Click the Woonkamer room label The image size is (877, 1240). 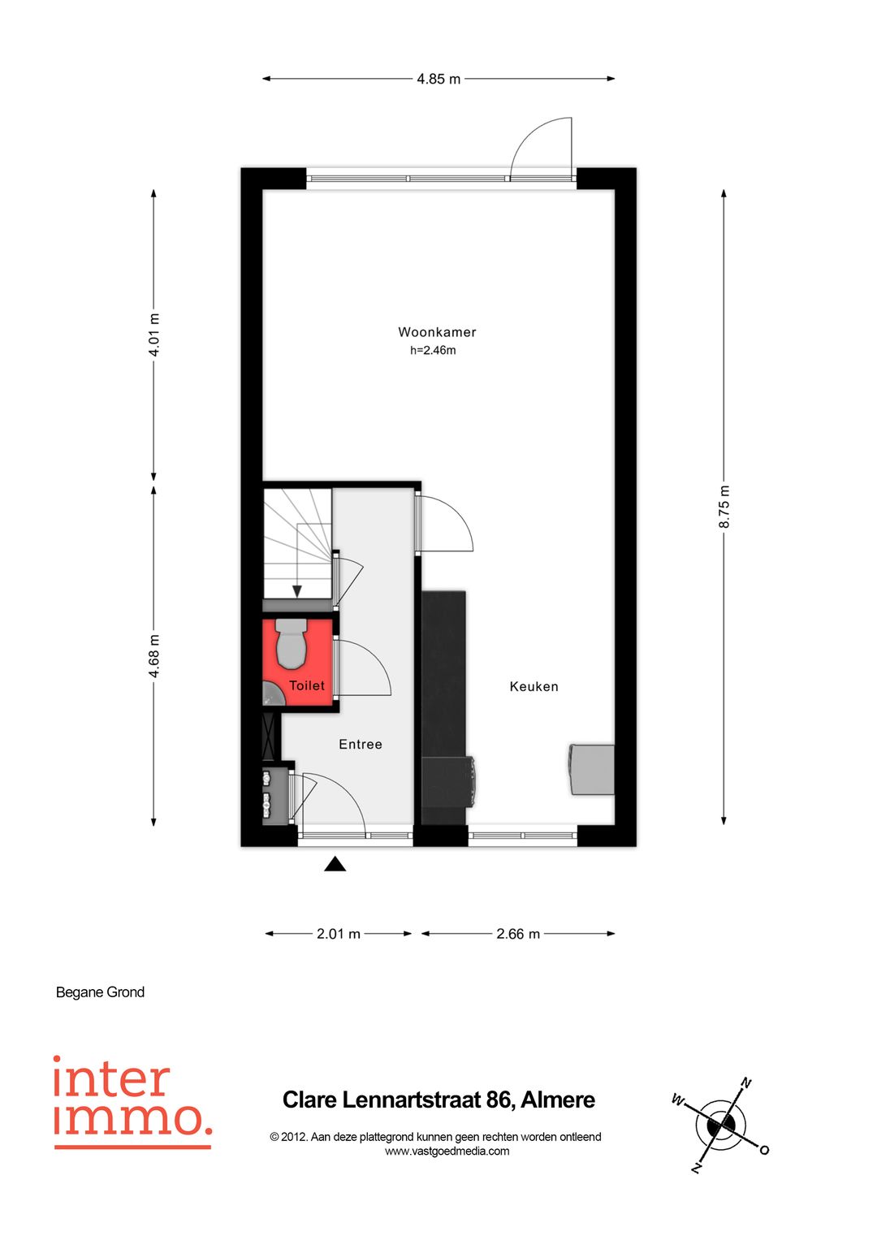[437, 332]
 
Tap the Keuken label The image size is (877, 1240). [534, 686]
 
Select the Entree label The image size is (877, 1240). [360, 744]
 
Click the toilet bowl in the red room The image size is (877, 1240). [291, 644]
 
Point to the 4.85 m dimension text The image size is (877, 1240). [438, 79]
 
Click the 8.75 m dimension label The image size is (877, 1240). [724, 507]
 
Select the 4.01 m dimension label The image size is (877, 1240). [153, 335]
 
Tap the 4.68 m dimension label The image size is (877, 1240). [153, 656]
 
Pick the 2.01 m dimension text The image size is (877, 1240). [339, 934]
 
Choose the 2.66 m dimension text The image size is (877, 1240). [518, 934]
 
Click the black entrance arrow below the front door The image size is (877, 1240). [335, 864]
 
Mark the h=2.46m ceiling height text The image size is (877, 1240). [433, 351]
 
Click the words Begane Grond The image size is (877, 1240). [100, 992]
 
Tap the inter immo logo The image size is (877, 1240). [132, 1101]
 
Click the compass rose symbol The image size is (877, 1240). [720, 1126]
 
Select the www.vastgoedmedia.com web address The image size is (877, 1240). [447, 1151]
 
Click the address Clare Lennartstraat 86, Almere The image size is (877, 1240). [438, 1100]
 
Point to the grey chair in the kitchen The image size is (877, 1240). [592, 769]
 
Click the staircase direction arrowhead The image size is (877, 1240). [298, 591]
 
